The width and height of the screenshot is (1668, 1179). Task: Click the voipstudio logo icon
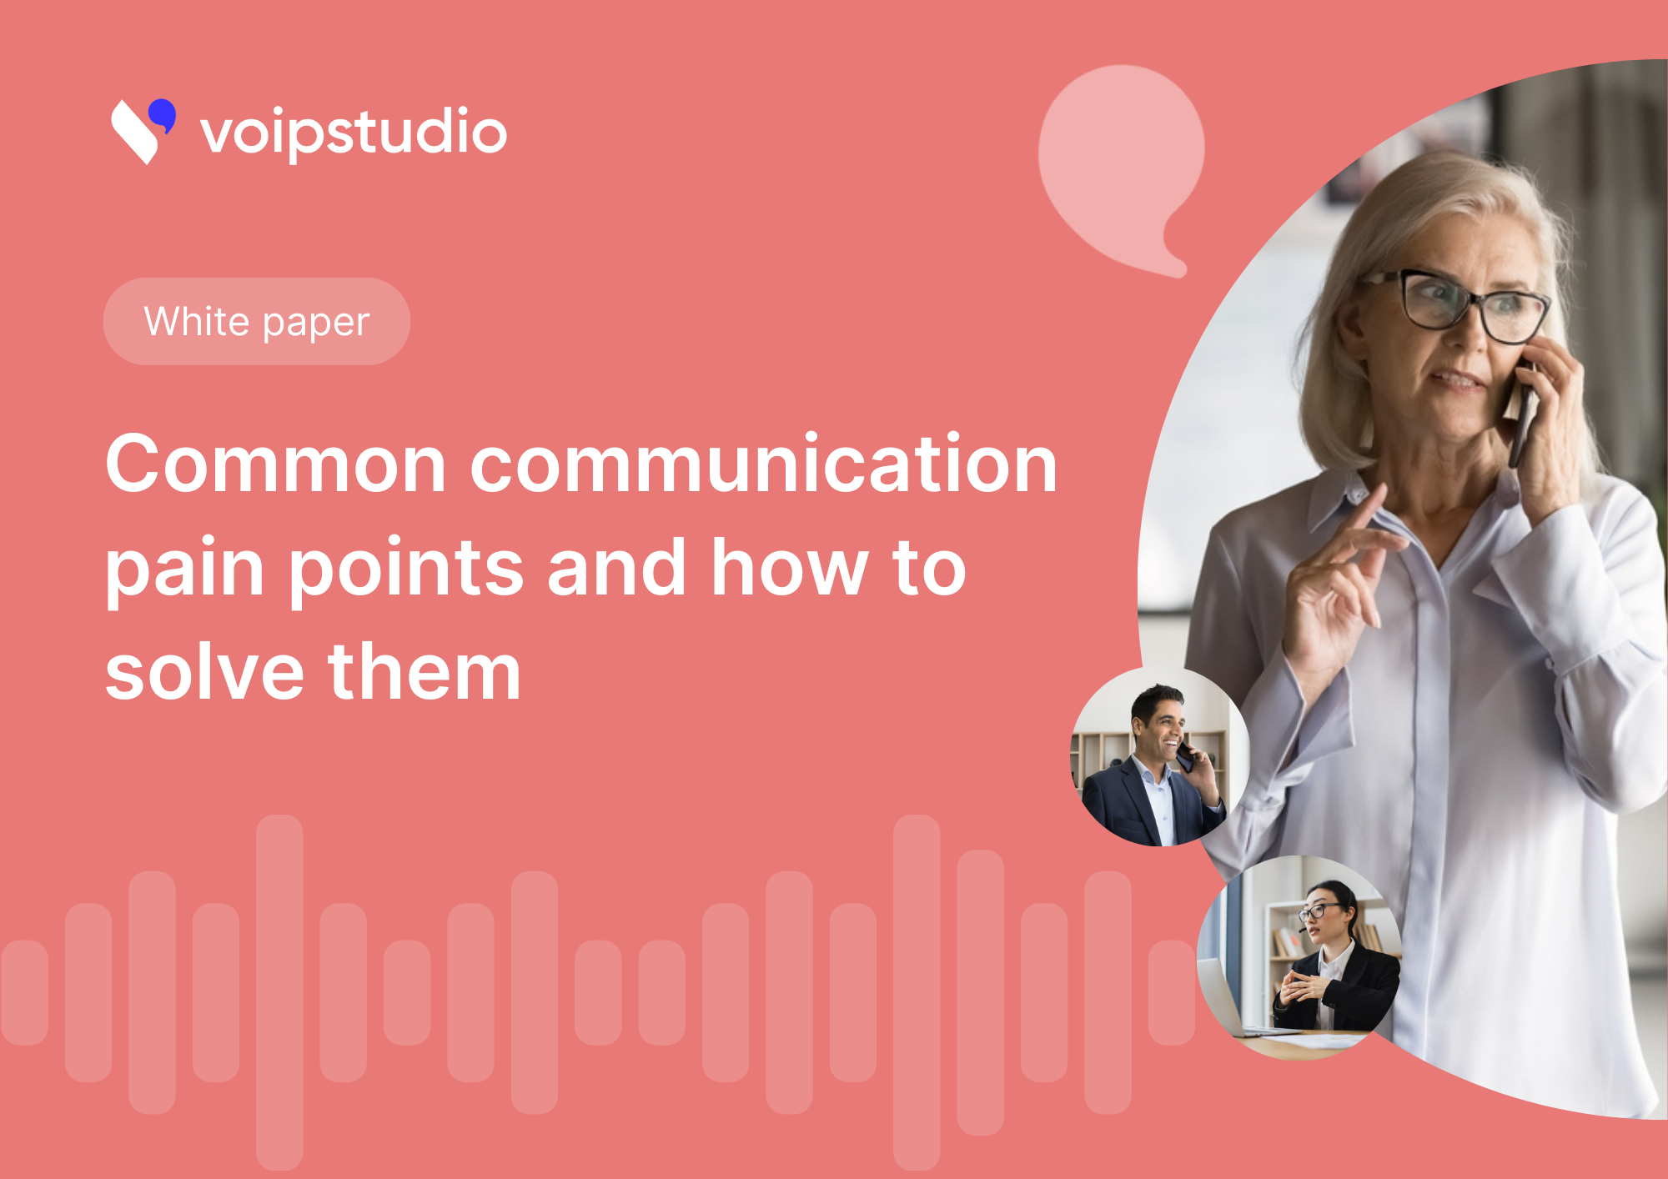(x=143, y=131)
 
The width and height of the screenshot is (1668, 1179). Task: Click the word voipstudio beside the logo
(x=354, y=133)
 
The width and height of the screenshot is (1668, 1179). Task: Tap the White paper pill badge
(x=257, y=321)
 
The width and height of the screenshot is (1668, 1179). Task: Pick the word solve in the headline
(x=204, y=671)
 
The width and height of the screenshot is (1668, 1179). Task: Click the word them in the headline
(x=425, y=671)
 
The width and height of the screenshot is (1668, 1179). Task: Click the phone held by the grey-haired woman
(x=1522, y=413)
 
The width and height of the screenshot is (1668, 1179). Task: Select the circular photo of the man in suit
(x=1160, y=756)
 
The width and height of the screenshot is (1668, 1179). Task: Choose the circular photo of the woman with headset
(x=1299, y=957)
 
